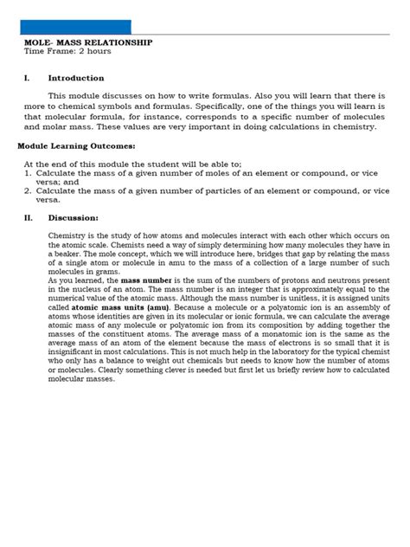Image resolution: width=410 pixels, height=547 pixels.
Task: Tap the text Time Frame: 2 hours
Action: tap(67, 51)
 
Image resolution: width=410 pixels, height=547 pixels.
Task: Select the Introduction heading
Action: tap(76, 78)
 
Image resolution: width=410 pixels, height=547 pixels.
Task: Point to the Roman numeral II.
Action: tap(28, 217)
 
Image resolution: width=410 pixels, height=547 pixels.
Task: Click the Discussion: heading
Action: tap(74, 217)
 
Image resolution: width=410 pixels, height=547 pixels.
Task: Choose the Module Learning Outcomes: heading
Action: tap(76, 146)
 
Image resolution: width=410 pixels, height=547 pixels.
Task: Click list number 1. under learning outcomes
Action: tap(28, 172)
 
